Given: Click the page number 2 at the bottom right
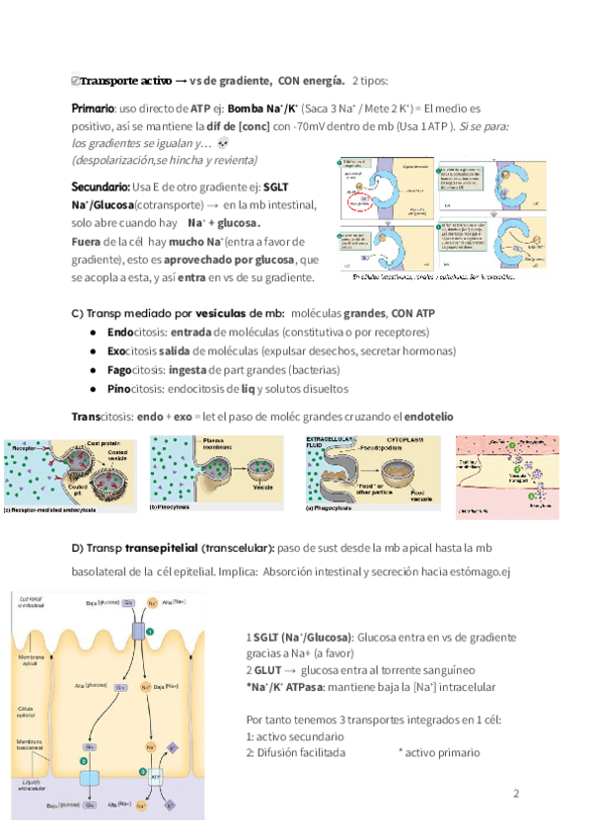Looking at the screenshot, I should pos(515,794).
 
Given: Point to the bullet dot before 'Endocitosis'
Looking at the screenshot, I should pos(92,333).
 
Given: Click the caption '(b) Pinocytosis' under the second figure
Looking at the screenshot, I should pos(172,507).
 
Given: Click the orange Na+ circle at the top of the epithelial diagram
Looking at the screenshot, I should pos(153,601).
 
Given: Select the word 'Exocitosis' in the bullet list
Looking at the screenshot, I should pos(132,350).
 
